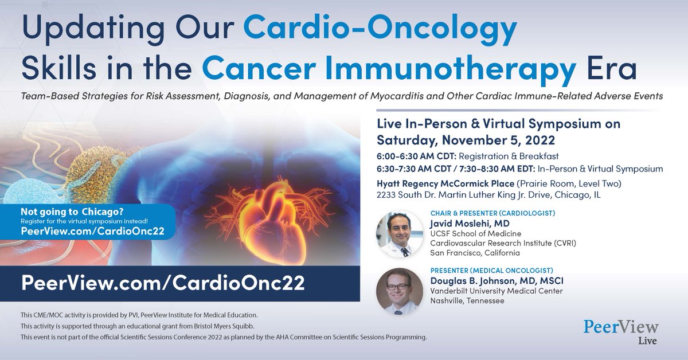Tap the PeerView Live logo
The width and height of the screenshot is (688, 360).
tap(620, 332)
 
